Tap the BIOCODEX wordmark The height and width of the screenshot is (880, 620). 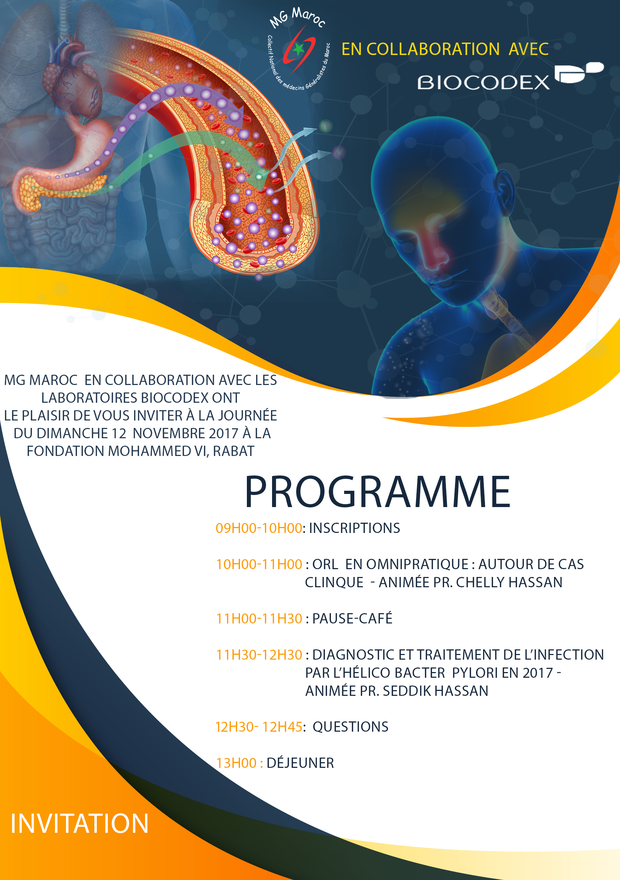[x=483, y=82]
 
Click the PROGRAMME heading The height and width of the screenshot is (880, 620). [x=377, y=492]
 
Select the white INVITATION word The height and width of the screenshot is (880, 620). [x=79, y=823]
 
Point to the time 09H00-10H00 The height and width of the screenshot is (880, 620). [x=259, y=528]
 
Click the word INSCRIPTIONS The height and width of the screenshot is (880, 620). [x=354, y=528]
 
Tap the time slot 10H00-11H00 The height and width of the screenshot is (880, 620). [x=259, y=564]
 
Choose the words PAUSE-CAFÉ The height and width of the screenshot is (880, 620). [x=353, y=618]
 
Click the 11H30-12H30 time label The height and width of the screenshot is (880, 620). [x=259, y=655]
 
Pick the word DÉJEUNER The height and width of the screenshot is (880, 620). [x=300, y=763]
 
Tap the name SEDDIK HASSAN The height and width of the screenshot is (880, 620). [x=436, y=691]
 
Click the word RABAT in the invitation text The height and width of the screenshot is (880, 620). [x=234, y=451]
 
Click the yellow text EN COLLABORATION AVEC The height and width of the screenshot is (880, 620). [x=445, y=49]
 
